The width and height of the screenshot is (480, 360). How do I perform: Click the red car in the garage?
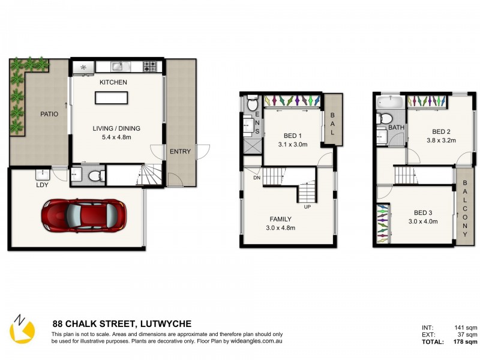coord(84,215)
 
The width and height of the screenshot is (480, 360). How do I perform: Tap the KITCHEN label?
coord(113,82)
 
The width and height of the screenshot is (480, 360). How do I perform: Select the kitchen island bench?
coord(112,98)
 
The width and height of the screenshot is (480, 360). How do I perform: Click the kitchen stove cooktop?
coord(150,67)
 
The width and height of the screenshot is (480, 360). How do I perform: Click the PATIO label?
coord(49,114)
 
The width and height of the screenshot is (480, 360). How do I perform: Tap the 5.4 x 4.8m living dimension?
coord(116,137)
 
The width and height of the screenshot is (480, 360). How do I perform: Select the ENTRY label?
coord(181,151)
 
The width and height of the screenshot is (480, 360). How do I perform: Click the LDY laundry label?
coord(42,185)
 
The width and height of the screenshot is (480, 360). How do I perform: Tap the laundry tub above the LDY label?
coord(43,175)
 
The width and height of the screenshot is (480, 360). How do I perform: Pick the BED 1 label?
coord(293,136)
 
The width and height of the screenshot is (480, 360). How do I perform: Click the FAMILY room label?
coord(280,219)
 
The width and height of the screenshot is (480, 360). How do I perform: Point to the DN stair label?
coord(257,178)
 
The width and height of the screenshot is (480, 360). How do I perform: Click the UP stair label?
coord(307,207)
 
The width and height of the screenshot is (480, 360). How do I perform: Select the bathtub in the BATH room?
coord(390,102)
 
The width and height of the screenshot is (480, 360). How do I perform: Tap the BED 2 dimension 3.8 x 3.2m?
coord(442,140)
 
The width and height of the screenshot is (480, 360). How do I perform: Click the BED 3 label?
coord(423,213)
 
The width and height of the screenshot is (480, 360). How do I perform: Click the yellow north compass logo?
coord(22,329)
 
